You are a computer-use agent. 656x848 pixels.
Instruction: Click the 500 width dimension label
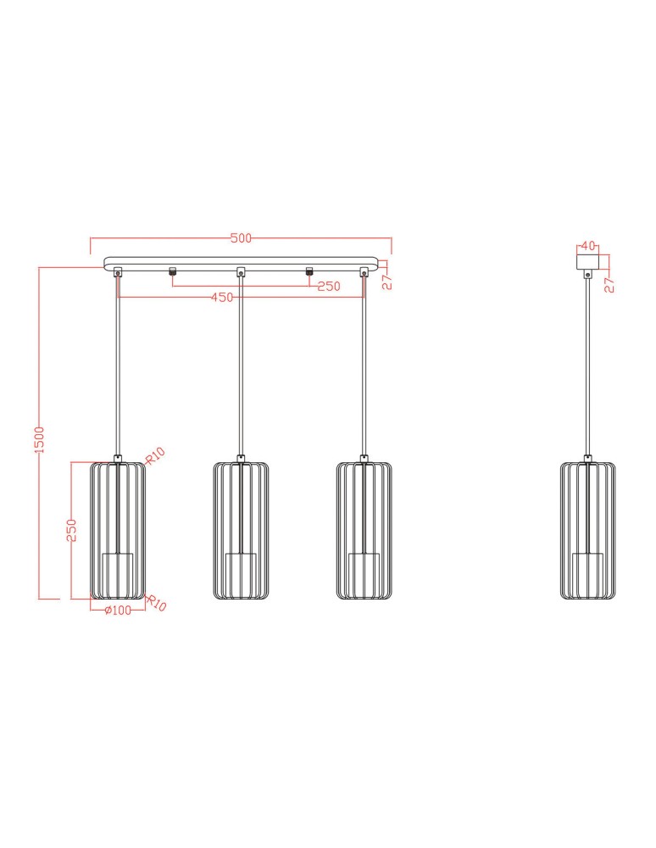click(x=241, y=238)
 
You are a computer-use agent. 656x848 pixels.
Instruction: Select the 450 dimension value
click(x=222, y=297)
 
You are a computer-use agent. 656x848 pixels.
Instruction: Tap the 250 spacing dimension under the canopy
click(x=328, y=287)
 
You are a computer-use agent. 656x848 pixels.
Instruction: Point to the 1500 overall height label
click(x=39, y=439)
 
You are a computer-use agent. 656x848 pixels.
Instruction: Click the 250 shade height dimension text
click(x=72, y=530)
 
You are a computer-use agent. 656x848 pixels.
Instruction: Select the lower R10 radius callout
click(x=157, y=604)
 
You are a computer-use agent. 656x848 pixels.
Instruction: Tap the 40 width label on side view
click(x=587, y=247)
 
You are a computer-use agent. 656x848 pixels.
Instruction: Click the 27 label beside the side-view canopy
click(x=609, y=284)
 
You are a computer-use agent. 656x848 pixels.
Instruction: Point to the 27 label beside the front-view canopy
click(x=386, y=282)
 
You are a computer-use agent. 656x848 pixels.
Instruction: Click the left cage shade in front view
click(x=118, y=530)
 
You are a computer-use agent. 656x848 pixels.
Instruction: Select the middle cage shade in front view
click(x=241, y=530)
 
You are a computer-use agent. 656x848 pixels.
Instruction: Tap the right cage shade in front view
click(x=364, y=530)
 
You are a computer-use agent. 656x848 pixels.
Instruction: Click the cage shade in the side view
click(x=587, y=530)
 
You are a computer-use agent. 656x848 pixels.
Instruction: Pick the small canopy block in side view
click(x=587, y=262)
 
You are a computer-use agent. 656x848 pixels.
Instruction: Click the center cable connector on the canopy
click(x=241, y=272)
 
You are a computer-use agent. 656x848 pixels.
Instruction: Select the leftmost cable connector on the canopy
click(x=118, y=272)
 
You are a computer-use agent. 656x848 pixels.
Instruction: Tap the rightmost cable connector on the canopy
click(x=364, y=272)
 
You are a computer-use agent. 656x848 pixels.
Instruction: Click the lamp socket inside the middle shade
click(x=241, y=566)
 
